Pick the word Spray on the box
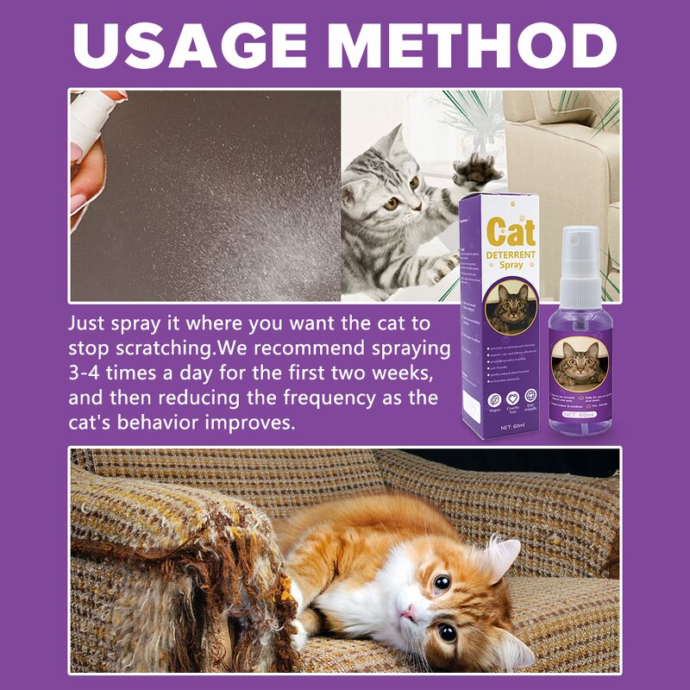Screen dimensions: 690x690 pos(511,266)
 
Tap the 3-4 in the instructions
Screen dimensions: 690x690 pos(86,375)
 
